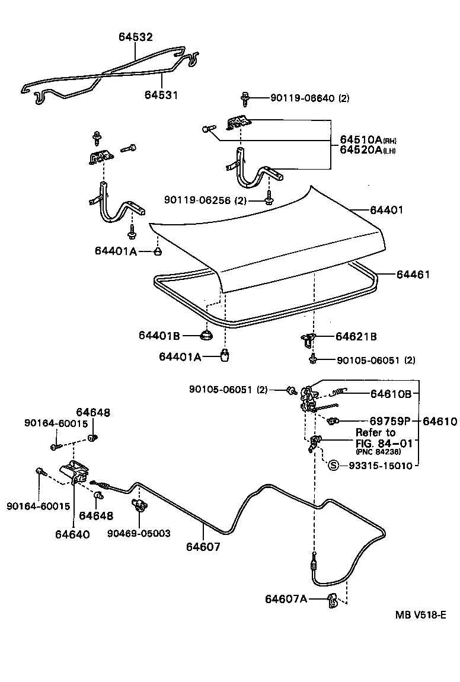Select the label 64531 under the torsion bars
click(x=161, y=95)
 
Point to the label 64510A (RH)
click(x=368, y=140)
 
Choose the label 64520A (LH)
click(x=368, y=151)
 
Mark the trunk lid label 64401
click(x=386, y=210)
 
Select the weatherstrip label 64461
click(x=413, y=275)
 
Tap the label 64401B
click(x=159, y=336)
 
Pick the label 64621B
click(x=356, y=337)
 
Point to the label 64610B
click(x=391, y=393)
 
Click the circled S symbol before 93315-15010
click(x=333, y=466)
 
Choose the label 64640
click(x=72, y=534)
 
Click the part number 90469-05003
click(x=139, y=533)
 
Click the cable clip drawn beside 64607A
click(x=333, y=600)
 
